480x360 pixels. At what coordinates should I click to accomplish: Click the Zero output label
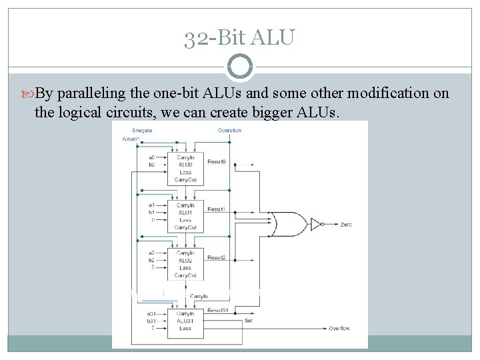pos(345,225)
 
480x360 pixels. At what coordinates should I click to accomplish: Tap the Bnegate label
pos(142,130)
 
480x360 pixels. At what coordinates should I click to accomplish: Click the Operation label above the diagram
pos(229,130)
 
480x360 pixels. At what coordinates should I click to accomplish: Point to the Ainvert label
pos(132,138)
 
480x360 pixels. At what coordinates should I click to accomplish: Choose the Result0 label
pos(216,162)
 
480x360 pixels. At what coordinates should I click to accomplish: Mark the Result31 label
pos(218,311)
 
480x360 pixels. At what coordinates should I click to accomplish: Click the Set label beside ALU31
pos(249,320)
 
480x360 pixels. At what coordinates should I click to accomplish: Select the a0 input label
pos(152,157)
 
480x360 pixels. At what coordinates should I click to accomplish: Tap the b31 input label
pos(152,321)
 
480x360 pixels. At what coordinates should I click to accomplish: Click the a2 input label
pos(152,253)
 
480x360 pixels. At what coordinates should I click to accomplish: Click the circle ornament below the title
pos(240,67)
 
